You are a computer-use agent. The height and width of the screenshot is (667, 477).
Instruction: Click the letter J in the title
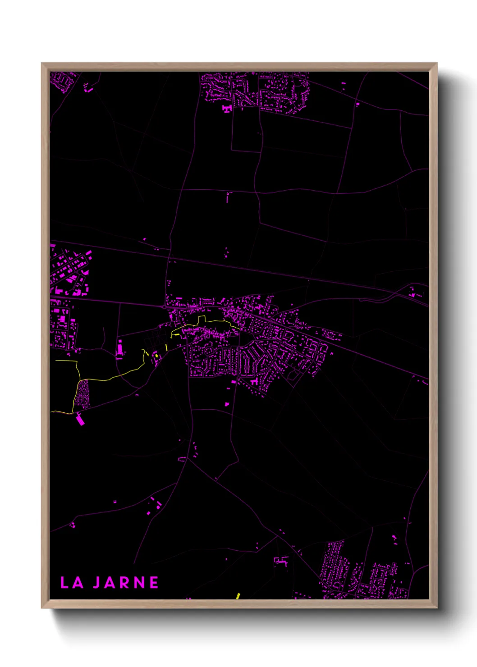click(96, 583)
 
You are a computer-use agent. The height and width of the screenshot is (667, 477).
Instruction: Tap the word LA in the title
click(72, 583)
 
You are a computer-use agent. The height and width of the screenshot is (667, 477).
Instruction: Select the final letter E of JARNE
click(154, 583)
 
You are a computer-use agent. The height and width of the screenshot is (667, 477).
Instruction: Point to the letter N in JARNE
click(140, 583)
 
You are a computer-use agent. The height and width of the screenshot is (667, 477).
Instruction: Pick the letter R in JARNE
click(125, 583)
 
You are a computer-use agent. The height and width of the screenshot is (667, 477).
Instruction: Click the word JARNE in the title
click(126, 583)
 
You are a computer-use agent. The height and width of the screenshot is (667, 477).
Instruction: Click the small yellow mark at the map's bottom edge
click(238, 596)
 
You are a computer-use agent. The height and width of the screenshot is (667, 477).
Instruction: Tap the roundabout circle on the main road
click(163, 307)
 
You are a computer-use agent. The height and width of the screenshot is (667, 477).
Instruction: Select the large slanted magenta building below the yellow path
click(80, 420)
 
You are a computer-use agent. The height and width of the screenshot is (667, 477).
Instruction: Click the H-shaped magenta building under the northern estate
click(226, 109)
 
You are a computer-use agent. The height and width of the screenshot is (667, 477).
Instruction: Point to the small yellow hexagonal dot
click(156, 356)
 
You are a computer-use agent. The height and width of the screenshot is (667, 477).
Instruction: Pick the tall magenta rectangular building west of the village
click(120, 348)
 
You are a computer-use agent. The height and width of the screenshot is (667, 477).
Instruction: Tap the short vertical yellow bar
click(166, 347)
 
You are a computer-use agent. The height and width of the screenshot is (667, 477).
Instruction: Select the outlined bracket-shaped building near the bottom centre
click(281, 561)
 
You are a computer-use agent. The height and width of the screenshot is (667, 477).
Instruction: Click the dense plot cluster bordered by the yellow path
click(83, 393)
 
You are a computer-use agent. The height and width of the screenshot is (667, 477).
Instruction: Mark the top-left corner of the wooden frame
click(42, 63)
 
